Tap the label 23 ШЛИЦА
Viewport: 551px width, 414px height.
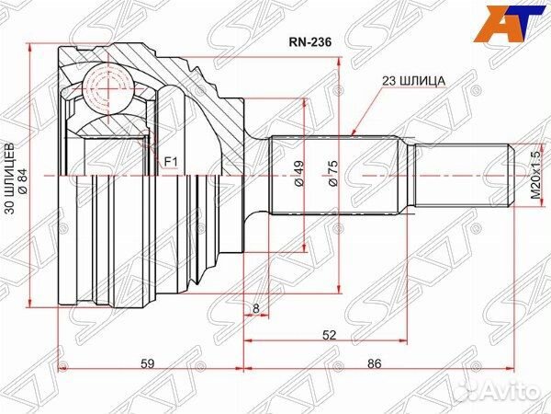pyautogui.click(x=414, y=81)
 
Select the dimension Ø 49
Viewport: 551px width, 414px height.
pyautogui.click(x=299, y=176)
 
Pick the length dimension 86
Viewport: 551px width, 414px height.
pyautogui.click(x=374, y=363)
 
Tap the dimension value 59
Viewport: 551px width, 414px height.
pyautogui.click(x=148, y=363)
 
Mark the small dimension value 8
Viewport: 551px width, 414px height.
pyautogui.click(x=255, y=309)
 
